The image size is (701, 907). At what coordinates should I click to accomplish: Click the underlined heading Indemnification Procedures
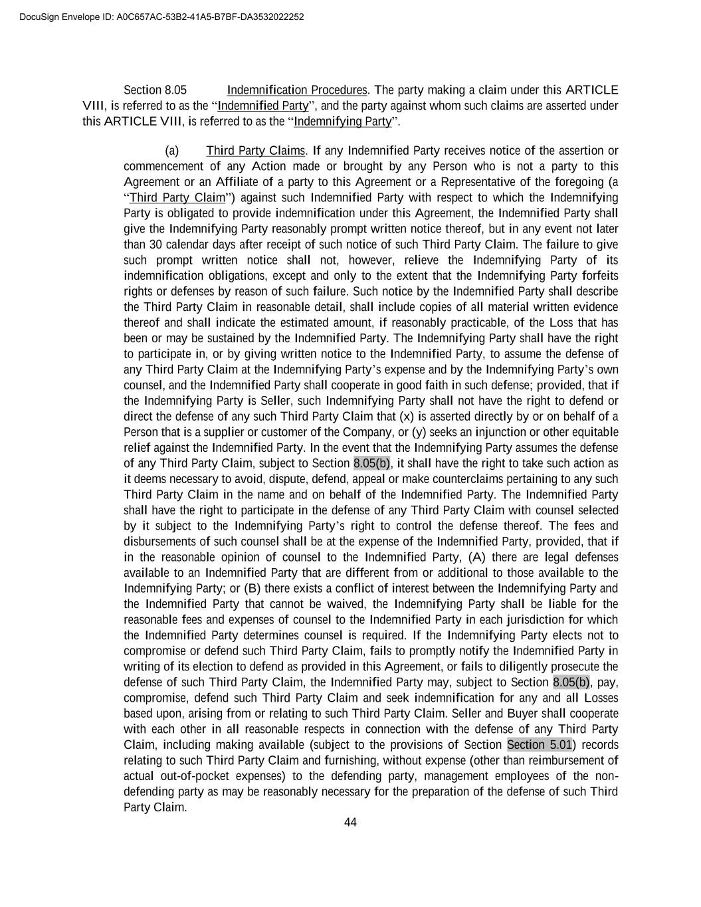coord(297,90)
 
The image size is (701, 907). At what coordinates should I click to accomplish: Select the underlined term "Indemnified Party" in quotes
coord(263,106)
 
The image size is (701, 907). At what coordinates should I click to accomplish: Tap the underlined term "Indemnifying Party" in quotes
coord(343,121)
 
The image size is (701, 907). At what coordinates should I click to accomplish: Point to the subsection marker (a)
coord(171,151)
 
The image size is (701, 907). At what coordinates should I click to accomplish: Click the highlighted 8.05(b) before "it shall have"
coord(372,463)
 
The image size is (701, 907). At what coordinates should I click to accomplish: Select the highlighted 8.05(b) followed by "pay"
coord(571,682)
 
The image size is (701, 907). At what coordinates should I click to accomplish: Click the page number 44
coord(350,823)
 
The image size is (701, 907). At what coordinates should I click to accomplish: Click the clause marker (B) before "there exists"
coord(252,588)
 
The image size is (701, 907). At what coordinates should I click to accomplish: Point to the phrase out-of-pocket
coord(193,776)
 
